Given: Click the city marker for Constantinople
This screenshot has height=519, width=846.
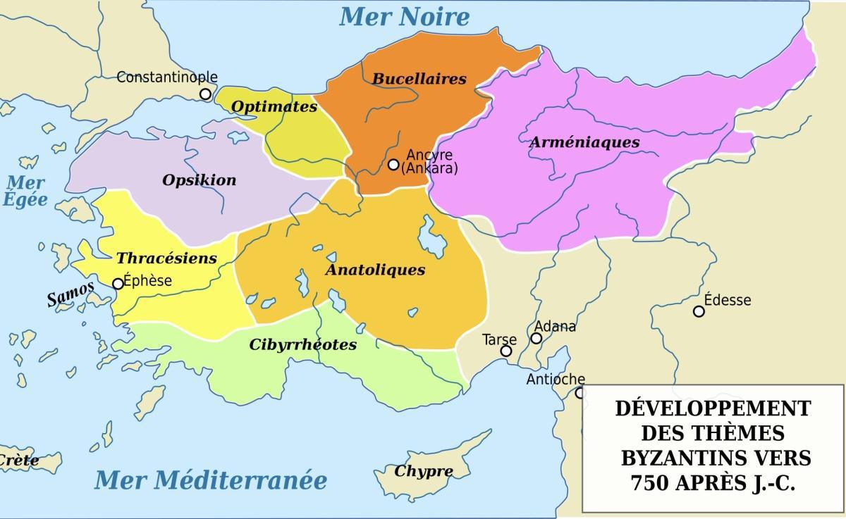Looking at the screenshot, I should pyautogui.click(x=205, y=94).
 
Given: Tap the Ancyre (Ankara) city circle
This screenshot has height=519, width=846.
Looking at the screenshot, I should pyautogui.click(x=393, y=164).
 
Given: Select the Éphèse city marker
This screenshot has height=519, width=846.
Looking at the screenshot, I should pyautogui.click(x=118, y=284).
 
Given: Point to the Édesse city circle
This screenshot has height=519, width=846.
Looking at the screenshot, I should pyautogui.click(x=699, y=311).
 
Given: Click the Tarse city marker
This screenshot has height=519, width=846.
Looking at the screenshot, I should pyautogui.click(x=506, y=351).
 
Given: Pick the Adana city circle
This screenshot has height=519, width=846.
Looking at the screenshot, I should pyautogui.click(x=536, y=338).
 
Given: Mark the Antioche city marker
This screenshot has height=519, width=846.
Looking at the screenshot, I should pyautogui.click(x=580, y=393).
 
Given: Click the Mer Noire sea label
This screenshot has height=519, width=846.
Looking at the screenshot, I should pyautogui.click(x=404, y=17).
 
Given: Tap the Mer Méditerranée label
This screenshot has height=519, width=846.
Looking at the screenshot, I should pyautogui.click(x=211, y=480).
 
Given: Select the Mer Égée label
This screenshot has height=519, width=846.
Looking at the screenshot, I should pyautogui.click(x=25, y=191).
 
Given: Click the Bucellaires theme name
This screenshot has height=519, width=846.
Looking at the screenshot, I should pyautogui.click(x=419, y=79).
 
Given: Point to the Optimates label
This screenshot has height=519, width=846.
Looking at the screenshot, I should pyautogui.click(x=274, y=107).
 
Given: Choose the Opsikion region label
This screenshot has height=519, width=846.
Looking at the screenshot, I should pyautogui.click(x=200, y=180).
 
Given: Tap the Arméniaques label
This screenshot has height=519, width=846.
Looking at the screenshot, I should pyautogui.click(x=584, y=142).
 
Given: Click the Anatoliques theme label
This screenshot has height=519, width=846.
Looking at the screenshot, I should pyautogui.click(x=375, y=270).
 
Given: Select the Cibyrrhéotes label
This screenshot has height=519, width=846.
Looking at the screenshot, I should pyautogui.click(x=302, y=345).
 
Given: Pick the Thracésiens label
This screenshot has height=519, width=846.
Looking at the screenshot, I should pyautogui.click(x=166, y=258).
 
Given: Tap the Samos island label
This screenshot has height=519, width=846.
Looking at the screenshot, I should pyautogui.click(x=70, y=294).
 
